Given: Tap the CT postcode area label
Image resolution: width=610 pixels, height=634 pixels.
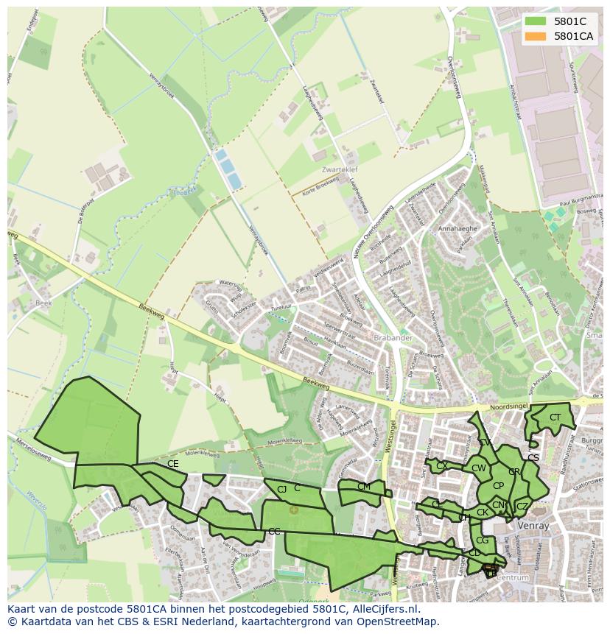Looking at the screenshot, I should point(555,418).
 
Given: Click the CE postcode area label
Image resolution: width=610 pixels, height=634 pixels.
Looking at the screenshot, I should point(173,464).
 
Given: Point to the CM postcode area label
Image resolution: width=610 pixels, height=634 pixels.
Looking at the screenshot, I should point(363,487).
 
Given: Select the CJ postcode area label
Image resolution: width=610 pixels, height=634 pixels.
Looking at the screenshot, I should point(281,490).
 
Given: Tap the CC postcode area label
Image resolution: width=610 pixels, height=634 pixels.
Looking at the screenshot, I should point(274,532).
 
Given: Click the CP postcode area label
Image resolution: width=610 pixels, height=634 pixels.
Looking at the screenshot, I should point(498,486).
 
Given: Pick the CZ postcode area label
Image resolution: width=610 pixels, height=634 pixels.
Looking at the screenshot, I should point(522,507).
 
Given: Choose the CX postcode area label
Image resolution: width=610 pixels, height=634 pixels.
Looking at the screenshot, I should point(441,466).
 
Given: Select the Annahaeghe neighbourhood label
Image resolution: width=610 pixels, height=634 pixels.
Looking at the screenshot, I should point(458,229).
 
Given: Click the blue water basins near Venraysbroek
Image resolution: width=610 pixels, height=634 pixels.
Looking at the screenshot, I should point(227,169).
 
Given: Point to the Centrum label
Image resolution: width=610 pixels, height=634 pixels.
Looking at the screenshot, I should point(513,578).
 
